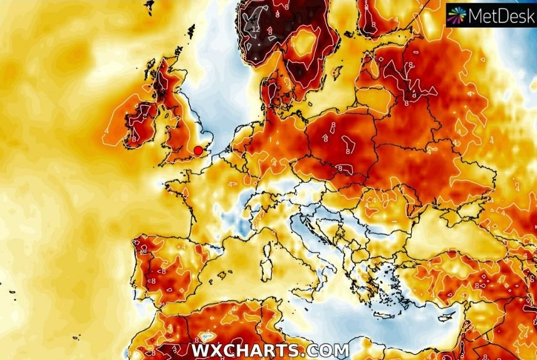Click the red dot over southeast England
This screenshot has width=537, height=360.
pyautogui.click(x=199, y=150)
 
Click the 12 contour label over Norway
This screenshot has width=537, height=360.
pyautogui.click(x=255, y=29)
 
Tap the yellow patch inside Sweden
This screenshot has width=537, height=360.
pyautogui.click(x=305, y=43)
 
